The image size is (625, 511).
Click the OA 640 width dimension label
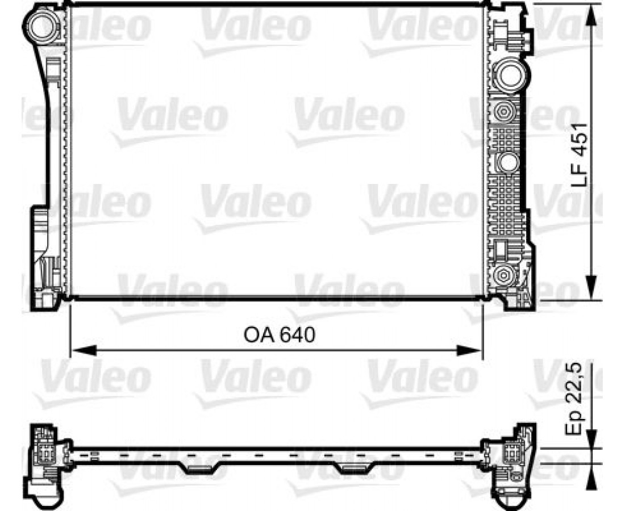pos(279,336)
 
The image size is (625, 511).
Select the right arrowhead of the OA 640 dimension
pos(469,351)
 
